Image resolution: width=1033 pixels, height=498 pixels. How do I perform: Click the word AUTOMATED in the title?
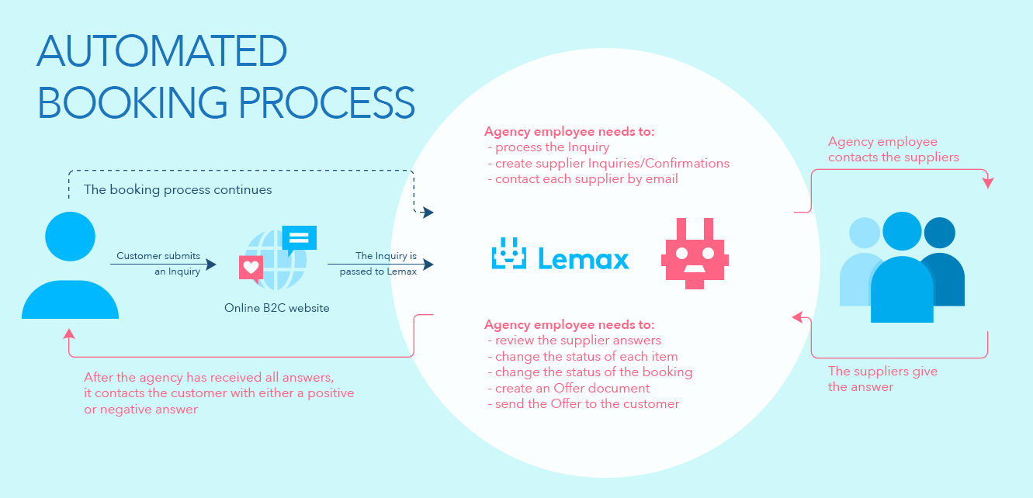pyautogui.click(x=161, y=52)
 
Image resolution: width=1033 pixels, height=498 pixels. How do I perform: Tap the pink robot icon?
pyautogui.click(x=695, y=254)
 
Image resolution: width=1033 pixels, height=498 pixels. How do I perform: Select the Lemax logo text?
pyautogui.click(x=583, y=259)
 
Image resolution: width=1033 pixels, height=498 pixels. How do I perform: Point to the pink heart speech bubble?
pyautogui.click(x=251, y=268)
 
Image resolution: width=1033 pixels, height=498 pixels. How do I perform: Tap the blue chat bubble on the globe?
pyautogui.click(x=300, y=238)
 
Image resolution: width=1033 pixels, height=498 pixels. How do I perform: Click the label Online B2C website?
pyautogui.click(x=276, y=308)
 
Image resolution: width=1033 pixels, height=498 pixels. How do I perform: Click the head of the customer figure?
pyautogui.click(x=70, y=237)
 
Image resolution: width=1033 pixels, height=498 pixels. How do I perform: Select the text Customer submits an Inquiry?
pyautogui.click(x=158, y=264)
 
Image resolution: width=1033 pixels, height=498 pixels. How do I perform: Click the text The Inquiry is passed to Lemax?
pyautogui.click(x=378, y=264)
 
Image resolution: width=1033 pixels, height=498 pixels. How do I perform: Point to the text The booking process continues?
pyautogui.click(x=178, y=190)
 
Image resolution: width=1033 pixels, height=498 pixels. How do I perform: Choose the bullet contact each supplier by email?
pyautogui.click(x=586, y=179)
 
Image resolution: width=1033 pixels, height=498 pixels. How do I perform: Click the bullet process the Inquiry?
pyautogui.click(x=552, y=147)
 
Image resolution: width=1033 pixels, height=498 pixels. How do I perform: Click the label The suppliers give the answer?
pyautogui.click(x=882, y=379)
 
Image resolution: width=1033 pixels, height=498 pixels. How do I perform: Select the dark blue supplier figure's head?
pyautogui.click(x=938, y=232)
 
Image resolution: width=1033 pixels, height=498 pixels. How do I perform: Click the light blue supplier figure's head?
pyautogui.click(x=865, y=233)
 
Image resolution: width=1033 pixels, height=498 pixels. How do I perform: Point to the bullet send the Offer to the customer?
pyautogui.click(x=587, y=403)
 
